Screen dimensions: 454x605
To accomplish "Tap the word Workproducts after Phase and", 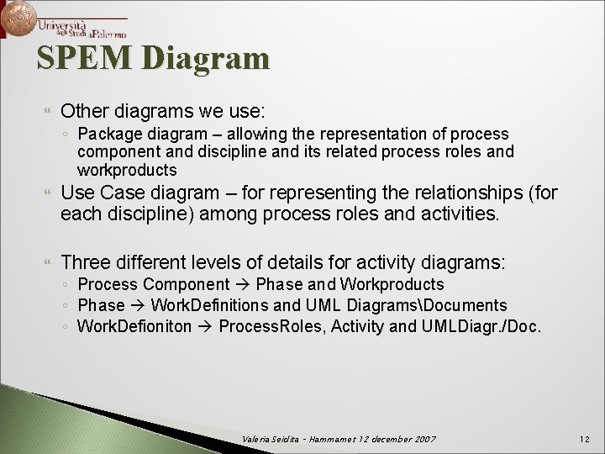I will click(396, 285).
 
